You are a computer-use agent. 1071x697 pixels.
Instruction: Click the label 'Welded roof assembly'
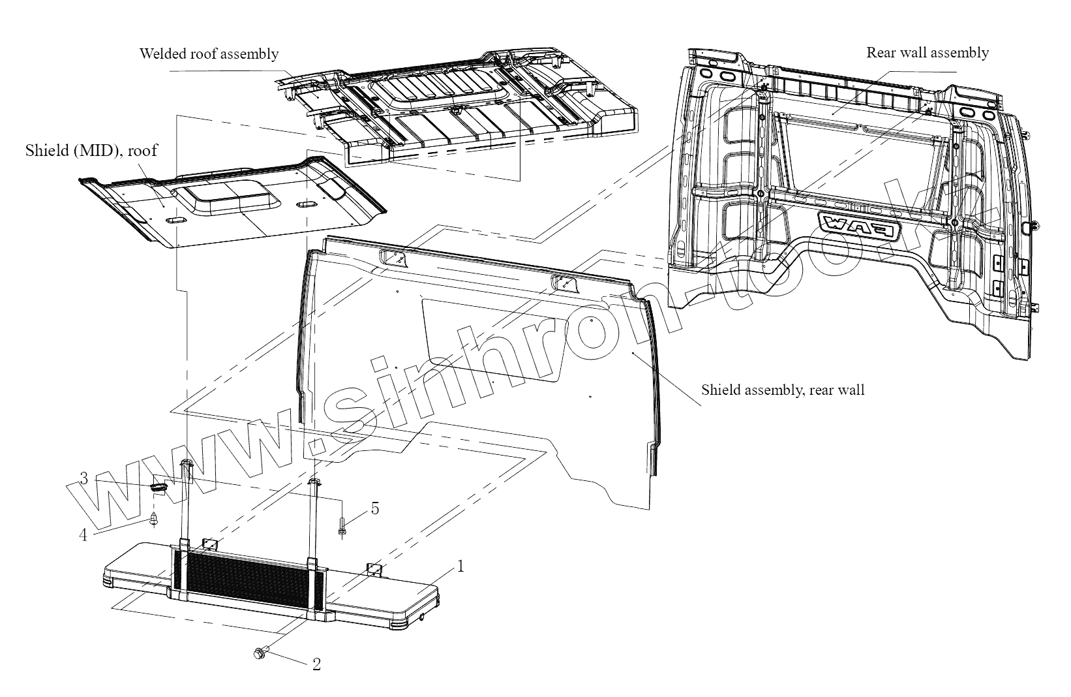click(x=209, y=54)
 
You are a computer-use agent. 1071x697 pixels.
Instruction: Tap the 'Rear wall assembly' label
click(x=927, y=52)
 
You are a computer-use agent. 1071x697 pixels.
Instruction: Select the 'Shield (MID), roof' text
click(x=91, y=151)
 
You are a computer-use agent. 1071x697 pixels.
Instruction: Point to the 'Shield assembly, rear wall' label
click(x=783, y=390)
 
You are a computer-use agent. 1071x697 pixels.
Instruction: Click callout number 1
click(x=460, y=566)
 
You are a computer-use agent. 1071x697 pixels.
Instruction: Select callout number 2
click(x=316, y=664)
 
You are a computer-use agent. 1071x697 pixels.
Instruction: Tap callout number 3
click(x=83, y=478)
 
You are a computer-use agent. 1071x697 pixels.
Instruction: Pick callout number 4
click(x=83, y=535)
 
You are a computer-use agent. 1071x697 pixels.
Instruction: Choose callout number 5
click(x=375, y=508)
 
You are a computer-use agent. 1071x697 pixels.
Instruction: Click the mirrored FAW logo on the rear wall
click(x=860, y=227)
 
